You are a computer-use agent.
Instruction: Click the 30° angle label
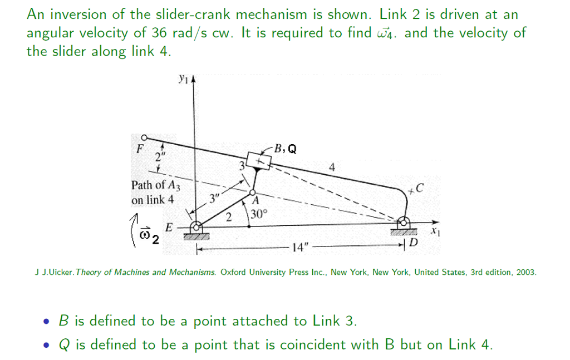click(259, 214)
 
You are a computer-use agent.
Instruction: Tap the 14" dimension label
click(300, 248)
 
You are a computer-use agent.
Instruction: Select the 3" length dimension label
click(214, 198)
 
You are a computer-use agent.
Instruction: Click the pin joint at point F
click(144, 137)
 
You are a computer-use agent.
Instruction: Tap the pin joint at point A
click(253, 193)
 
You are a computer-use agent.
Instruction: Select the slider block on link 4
click(259, 161)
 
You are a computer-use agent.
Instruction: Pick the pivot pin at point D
click(403, 223)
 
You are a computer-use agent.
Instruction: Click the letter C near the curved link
click(419, 188)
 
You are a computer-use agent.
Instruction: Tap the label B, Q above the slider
click(286, 149)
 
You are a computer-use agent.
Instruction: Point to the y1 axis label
click(183, 79)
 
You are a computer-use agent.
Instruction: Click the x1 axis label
click(435, 231)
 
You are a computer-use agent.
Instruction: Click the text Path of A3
click(156, 185)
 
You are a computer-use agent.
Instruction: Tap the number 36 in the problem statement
click(159, 33)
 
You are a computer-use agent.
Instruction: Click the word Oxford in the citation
click(233, 272)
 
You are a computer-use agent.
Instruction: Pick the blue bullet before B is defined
click(46, 322)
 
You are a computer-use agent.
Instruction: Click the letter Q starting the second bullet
click(65, 345)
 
